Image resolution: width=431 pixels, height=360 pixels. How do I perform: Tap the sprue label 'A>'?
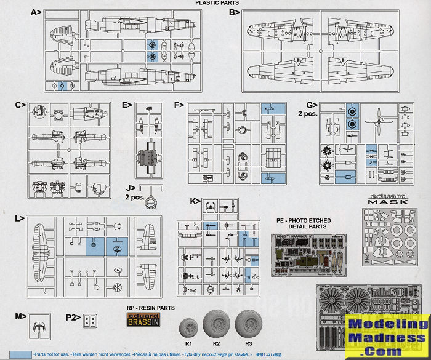(x=35, y=12)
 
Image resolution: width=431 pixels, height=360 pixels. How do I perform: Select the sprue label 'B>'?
(x=235, y=12)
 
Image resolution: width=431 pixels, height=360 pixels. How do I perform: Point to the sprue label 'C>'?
(x=20, y=105)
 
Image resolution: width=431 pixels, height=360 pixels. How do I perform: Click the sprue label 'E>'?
(x=127, y=105)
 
